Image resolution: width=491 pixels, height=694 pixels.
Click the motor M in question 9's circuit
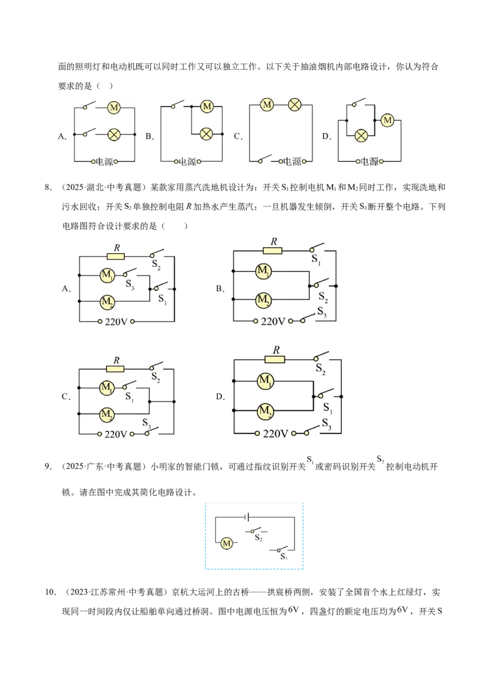point(226,543)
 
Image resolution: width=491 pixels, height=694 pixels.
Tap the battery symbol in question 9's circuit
point(248,517)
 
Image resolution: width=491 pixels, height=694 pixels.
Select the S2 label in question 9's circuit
point(259,538)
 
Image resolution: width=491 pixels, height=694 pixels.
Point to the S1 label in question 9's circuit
point(284,556)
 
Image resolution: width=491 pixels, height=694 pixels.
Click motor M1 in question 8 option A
point(107,275)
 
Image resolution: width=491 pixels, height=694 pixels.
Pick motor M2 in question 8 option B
point(263,300)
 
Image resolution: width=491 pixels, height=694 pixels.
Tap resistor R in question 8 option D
point(274,359)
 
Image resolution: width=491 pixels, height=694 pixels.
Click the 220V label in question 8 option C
point(115,434)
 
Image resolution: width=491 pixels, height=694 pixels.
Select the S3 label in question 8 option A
point(130,284)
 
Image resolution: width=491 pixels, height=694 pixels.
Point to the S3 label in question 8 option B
point(322,313)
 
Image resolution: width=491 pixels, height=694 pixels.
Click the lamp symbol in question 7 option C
point(295,105)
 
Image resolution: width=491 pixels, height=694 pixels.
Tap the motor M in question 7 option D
point(388,120)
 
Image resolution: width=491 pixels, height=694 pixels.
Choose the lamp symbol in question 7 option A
point(114,134)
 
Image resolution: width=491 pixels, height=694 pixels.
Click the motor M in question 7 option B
point(207,106)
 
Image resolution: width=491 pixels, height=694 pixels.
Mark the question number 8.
point(48,187)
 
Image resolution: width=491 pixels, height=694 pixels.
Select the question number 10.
point(50,592)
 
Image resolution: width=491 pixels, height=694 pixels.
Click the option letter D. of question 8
point(220,397)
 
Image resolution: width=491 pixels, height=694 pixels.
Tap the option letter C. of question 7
point(238,136)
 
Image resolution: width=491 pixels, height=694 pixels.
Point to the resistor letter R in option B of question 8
point(273,242)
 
